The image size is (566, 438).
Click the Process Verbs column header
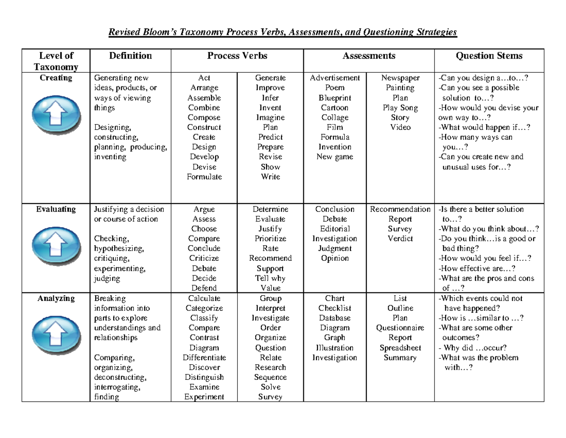pyautogui.click(x=237, y=56)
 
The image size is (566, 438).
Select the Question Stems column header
pyautogui.click(x=489, y=56)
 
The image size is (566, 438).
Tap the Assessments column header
pyautogui.click(x=368, y=56)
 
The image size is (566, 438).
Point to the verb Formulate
pyautogui.click(x=204, y=177)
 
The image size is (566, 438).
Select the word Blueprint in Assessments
pyautogui.click(x=335, y=98)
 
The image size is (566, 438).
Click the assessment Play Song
pyautogui.click(x=400, y=108)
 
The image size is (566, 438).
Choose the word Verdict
pyautogui.click(x=400, y=239)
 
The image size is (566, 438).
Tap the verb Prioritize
pyautogui.click(x=270, y=239)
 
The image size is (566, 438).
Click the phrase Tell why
pyautogui.click(x=270, y=278)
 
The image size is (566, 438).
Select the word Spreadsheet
pyautogui.click(x=400, y=348)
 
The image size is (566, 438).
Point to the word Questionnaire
pyautogui.click(x=400, y=328)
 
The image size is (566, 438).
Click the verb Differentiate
pyautogui.click(x=204, y=358)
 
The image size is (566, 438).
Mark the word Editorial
pyautogui.click(x=335, y=229)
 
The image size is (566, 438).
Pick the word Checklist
pyautogui.click(x=335, y=308)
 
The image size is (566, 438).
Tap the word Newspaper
pyautogui.click(x=400, y=78)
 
